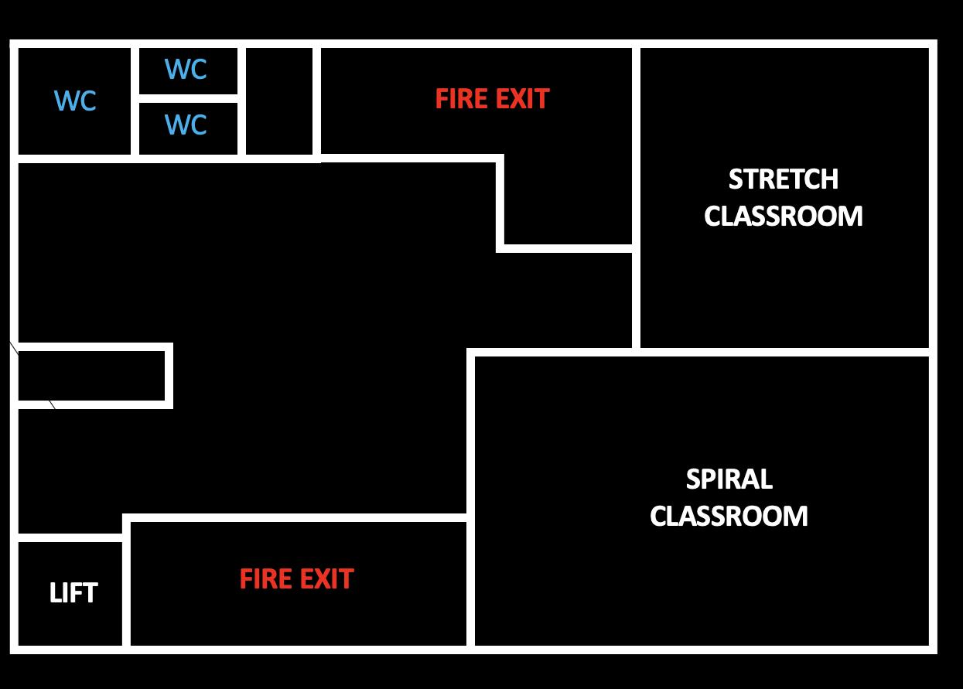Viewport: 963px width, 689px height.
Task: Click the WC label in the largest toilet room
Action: tap(75, 101)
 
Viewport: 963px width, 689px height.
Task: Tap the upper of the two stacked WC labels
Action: tap(186, 70)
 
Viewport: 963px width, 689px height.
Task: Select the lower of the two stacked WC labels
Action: tap(186, 124)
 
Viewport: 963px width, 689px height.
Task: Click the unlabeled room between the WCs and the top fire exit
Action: tap(279, 101)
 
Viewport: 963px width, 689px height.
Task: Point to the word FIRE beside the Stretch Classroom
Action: tap(461, 99)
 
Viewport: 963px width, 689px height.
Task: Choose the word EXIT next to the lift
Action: tap(325, 579)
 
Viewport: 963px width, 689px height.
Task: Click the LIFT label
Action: tap(73, 593)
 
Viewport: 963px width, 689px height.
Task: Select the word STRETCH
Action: tap(783, 179)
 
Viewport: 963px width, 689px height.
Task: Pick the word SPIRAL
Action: tap(729, 479)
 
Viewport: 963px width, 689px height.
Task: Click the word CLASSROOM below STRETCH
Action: tap(783, 216)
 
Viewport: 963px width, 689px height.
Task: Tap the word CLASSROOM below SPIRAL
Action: tap(729, 516)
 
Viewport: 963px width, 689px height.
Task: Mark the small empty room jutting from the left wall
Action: tap(91, 376)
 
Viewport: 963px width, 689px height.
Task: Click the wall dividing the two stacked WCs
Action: tap(188, 97)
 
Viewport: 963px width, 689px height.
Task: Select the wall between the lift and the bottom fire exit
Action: tap(126, 592)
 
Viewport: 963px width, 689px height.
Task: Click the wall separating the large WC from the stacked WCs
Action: tap(135, 101)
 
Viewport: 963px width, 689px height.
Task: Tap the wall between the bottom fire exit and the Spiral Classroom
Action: tap(470, 580)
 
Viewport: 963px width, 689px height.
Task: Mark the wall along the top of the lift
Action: tap(70, 537)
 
